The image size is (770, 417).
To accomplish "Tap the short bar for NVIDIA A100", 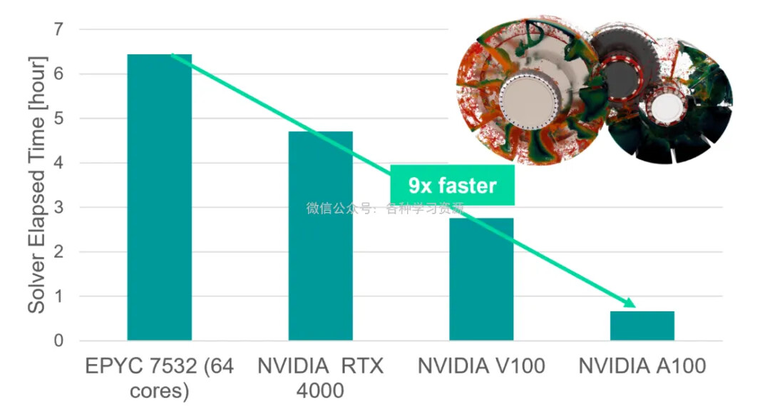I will (x=642, y=326).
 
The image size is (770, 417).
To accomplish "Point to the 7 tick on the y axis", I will (x=58, y=29).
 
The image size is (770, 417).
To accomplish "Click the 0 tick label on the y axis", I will (x=58, y=341).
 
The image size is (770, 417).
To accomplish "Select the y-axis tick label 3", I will (x=58, y=207).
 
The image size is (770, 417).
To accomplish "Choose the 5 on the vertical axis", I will (x=58, y=119).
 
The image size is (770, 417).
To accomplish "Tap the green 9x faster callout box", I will (x=452, y=186).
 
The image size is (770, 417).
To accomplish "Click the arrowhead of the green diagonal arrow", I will (x=629, y=303).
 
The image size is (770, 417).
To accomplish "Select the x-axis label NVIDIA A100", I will (x=642, y=367).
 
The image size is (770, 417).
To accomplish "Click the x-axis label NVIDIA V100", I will (x=481, y=367).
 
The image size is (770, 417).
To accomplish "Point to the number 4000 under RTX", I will (x=320, y=391).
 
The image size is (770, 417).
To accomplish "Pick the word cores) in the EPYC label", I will (x=159, y=391).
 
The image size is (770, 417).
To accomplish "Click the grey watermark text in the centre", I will (x=385, y=208).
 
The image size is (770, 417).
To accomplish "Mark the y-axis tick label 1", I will (x=58, y=296).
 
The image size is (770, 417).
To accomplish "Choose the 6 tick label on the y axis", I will (x=58, y=74).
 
